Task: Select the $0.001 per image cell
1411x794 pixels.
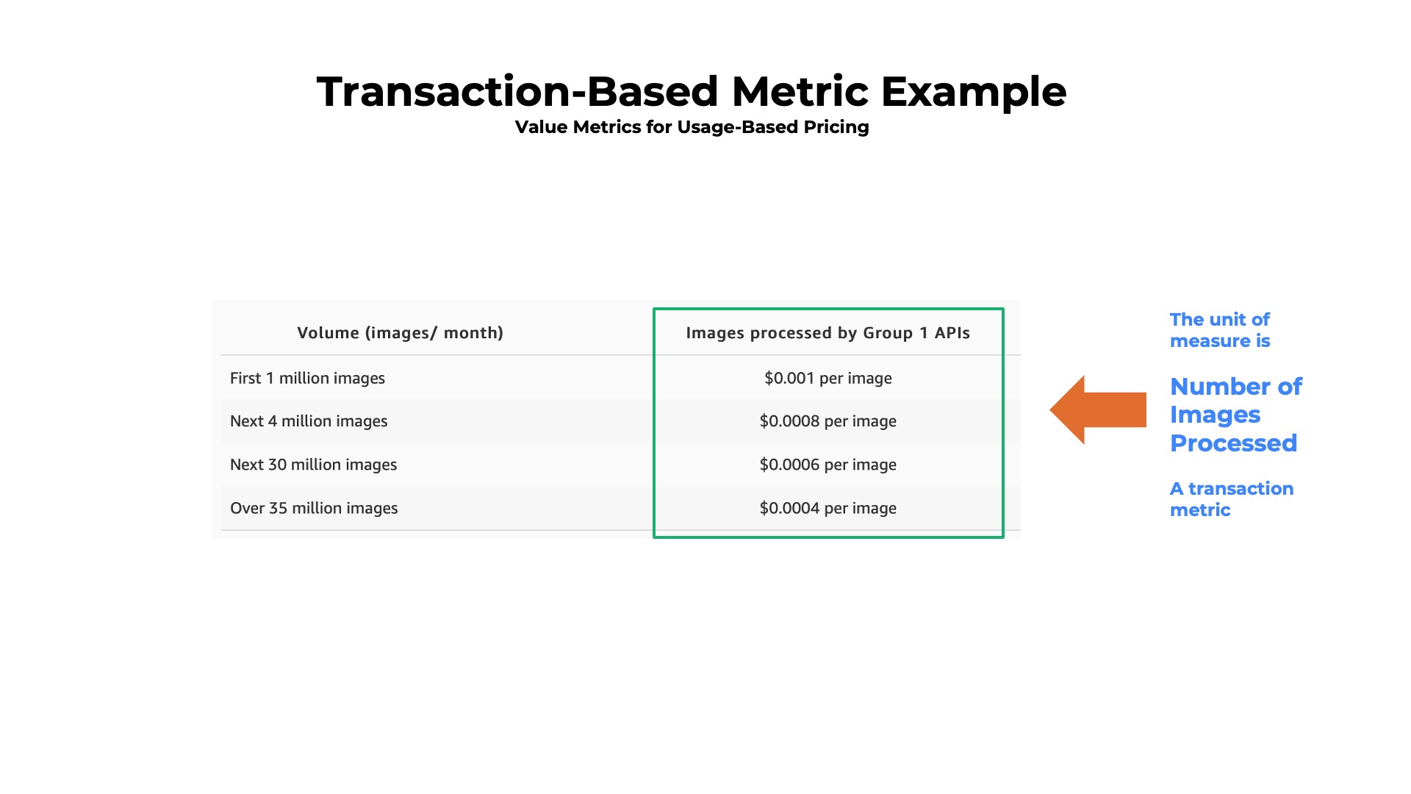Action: point(827,378)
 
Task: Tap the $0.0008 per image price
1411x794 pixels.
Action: point(827,421)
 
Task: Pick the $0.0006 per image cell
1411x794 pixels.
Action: point(827,465)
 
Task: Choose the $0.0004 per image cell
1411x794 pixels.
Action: point(827,508)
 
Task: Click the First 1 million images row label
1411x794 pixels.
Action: point(307,378)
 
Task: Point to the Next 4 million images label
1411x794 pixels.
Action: point(309,421)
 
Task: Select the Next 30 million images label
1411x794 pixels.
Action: point(313,465)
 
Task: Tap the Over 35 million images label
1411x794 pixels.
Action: point(314,508)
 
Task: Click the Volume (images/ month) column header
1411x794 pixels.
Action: point(400,333)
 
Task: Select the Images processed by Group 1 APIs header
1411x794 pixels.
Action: point(827,333)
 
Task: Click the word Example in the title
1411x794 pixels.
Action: point(973,93)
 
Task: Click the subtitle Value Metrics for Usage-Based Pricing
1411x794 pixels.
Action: point(692,127)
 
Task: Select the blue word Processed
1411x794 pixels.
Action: point(1233,443)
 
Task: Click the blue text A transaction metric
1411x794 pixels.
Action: point(1231,499)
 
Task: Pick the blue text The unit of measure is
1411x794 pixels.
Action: point(1220,330)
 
